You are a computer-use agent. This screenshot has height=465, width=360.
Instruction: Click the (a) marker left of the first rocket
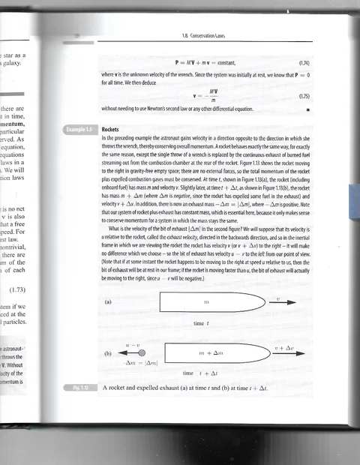click(x=108, y=303)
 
